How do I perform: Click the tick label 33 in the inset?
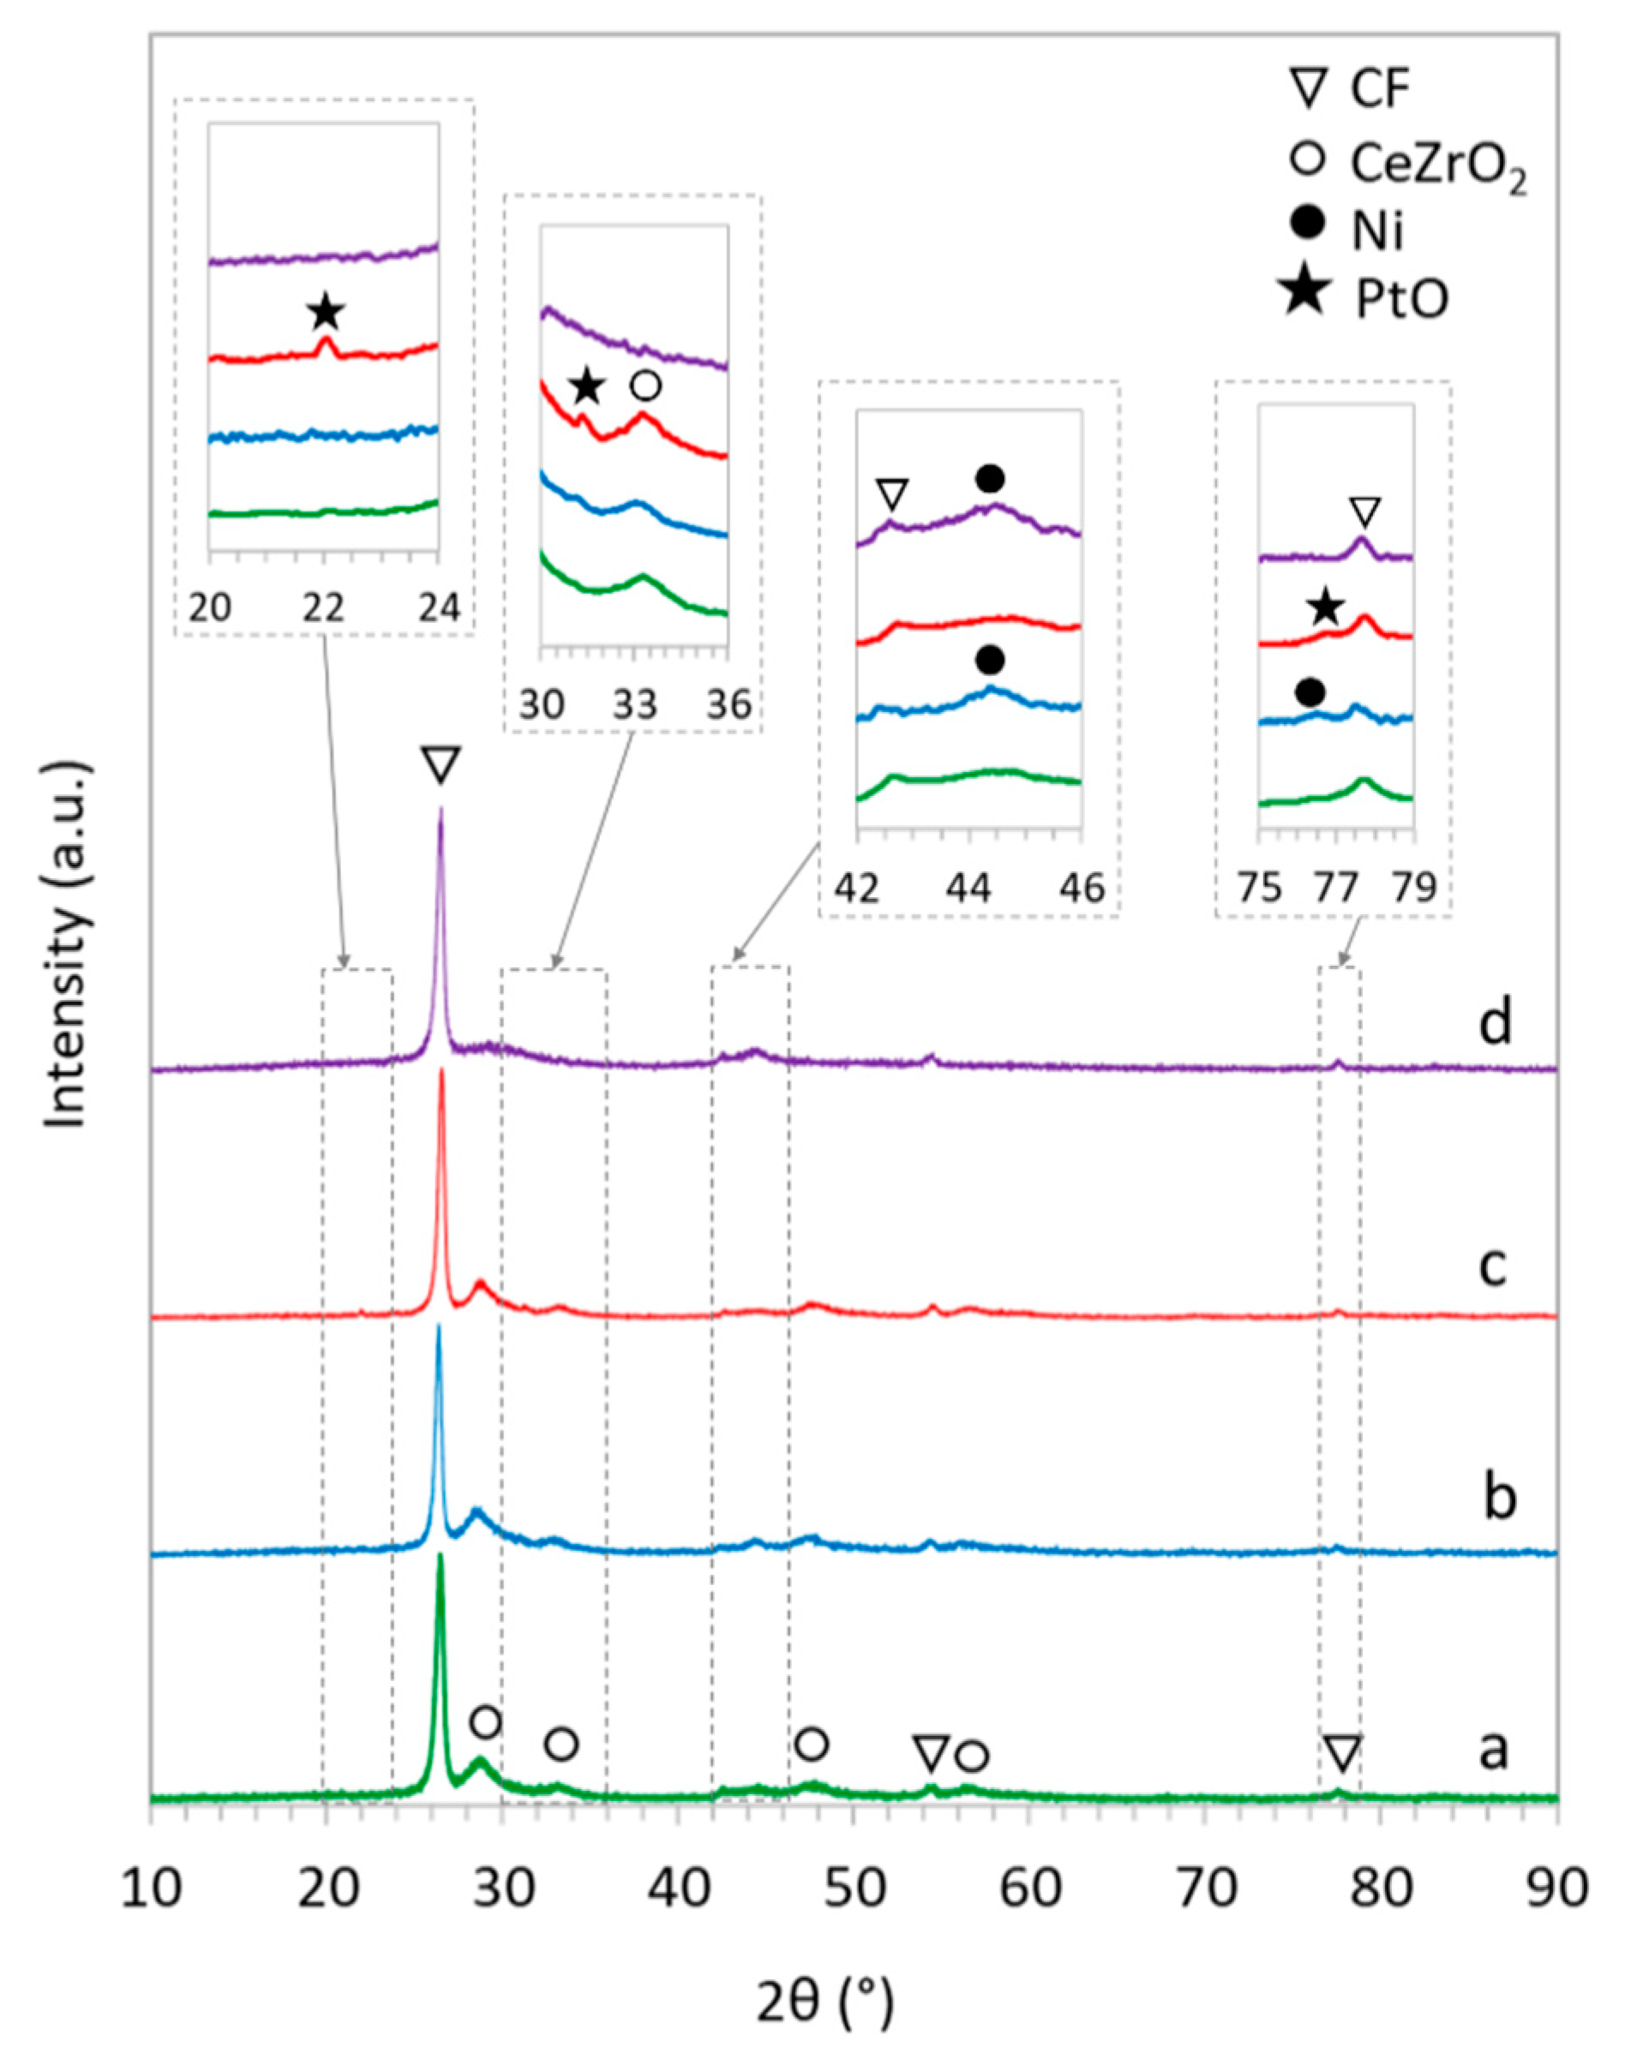(x=634, y=705)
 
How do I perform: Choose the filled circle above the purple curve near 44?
(x=990, y=479)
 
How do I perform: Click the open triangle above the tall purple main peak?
(x=441, y=764)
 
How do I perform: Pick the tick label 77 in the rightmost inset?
(x=1334, y=889)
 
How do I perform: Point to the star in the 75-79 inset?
(x=1325, y=608)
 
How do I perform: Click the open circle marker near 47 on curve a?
(x=812, y=1744)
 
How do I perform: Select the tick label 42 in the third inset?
(x=857, y=889)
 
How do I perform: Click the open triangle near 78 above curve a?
(x=1341, y=1752)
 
